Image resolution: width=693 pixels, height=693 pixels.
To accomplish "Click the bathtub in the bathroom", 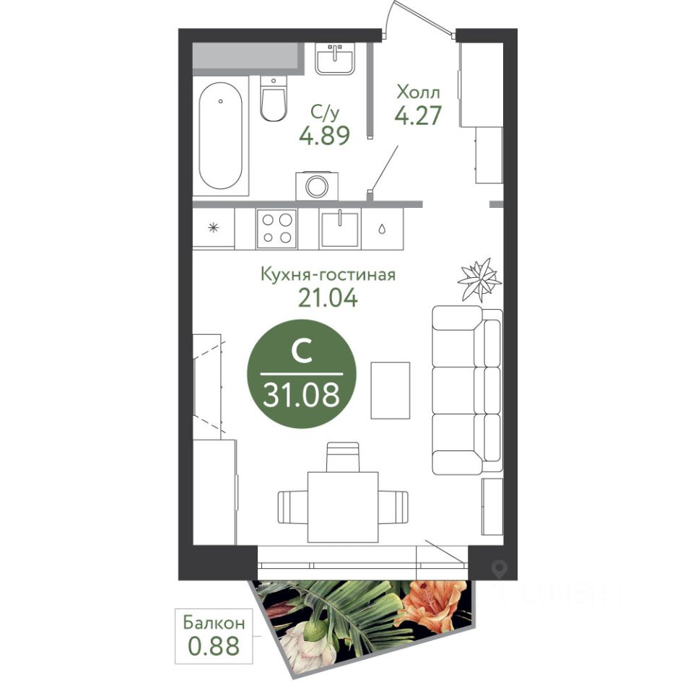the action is coord(221,136).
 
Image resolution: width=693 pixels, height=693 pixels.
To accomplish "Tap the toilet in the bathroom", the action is coord(273,98).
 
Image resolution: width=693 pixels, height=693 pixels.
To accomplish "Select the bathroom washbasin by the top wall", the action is coord(335,59).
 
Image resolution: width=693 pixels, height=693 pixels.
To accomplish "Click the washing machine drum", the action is coord(317,186).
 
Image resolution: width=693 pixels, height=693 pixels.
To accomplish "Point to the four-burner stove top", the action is coord(276,228).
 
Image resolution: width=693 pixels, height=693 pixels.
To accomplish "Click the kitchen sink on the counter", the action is coord(339,229).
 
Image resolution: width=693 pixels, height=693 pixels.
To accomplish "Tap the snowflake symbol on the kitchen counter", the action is coord(214,228).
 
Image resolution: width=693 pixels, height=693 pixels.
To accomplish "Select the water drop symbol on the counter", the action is coord(381,229).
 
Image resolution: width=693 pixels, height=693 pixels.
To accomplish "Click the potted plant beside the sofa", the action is coord(479,279).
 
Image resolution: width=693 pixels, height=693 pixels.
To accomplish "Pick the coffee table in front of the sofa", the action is coord(391,391).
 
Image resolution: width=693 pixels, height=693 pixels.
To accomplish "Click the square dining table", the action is coord(343,507).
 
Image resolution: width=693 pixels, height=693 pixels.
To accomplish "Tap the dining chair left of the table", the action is coord(292,507).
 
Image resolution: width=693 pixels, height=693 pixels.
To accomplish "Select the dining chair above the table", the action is coord(343,457).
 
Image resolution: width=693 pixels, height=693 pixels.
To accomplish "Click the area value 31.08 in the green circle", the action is coord(302,394).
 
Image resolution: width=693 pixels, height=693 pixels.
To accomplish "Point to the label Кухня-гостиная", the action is coord(328,274).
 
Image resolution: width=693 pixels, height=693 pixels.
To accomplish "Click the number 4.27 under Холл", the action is coord(418,115).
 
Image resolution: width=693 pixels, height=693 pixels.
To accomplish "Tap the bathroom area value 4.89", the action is coord(325,135).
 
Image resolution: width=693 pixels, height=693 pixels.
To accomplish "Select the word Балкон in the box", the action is coord(214,623).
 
